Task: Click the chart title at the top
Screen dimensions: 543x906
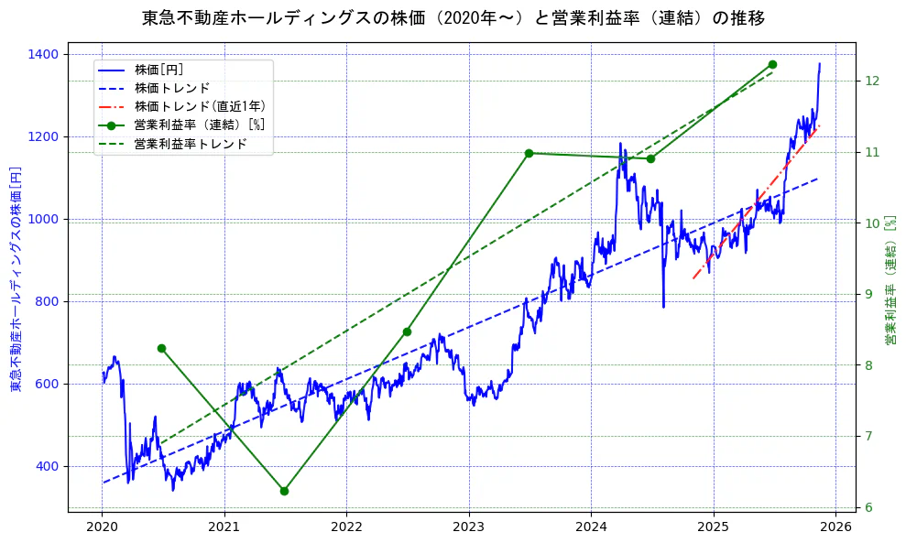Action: pos(453,17)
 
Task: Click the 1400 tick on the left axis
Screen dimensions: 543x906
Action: pos(43,55)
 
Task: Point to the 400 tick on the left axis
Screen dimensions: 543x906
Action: pos(47,467)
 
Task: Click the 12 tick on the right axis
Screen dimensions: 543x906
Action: pos(873,81)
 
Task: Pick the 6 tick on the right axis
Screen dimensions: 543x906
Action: pos(869,507)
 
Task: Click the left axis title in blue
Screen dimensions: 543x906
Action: pos(16,279)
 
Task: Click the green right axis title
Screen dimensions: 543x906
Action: pos(890,279)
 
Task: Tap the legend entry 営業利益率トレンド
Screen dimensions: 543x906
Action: pos(190,144)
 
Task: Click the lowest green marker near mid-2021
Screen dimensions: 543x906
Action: pos(284,491)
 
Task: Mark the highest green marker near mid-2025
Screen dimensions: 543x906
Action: pos(772,64)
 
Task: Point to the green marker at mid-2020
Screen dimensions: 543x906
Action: pos(161,348)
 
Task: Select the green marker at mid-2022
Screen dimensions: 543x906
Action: pos(407,331)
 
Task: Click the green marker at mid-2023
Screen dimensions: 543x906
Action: pos(529,153)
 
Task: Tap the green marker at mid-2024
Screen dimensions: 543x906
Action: pos(650,158)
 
